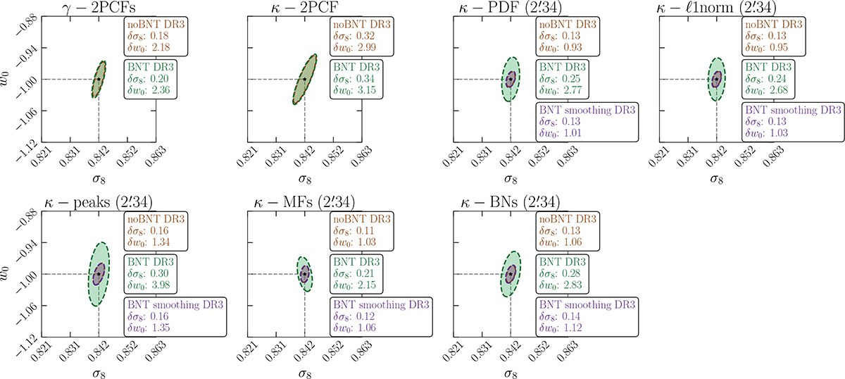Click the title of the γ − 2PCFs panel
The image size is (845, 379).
pos(99,10)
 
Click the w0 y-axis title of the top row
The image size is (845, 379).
pos(8,72)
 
